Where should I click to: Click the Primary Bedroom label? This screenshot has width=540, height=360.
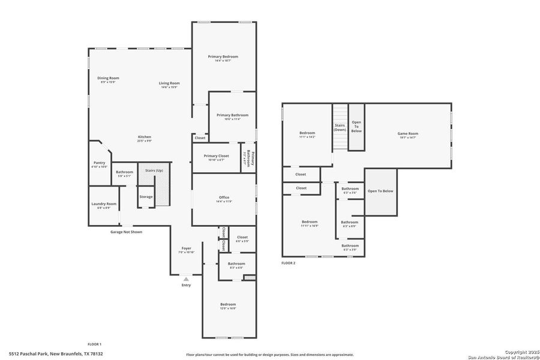click(224, 56)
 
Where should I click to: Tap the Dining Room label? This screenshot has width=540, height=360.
click(109, 78)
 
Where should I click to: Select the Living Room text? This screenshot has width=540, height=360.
click(169, 83)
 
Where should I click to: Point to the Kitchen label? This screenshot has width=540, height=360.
click(145, 137)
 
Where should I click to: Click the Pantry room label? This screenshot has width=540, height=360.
click(99, 163)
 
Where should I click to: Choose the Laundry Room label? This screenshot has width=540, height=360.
click(104, 204)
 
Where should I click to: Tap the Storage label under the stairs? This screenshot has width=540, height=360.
click(146, 197)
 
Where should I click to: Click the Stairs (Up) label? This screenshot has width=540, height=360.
click(154, 170)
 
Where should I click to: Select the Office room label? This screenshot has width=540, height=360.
click(224, 197)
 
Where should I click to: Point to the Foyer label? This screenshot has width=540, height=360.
click(187, 248)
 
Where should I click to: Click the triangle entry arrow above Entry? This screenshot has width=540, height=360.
click(186, 278)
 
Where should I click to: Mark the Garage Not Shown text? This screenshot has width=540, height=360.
click(126, 232)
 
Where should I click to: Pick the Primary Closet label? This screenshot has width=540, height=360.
click(216, 156)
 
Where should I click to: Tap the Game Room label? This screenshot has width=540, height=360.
click(408, 133)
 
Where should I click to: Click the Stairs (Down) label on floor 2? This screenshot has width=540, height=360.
click(340, 127)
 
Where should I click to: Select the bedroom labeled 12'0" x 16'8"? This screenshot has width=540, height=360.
click(228, 304)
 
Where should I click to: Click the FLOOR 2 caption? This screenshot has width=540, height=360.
click(289, 263)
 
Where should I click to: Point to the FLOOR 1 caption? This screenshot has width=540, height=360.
click(95, 344)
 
